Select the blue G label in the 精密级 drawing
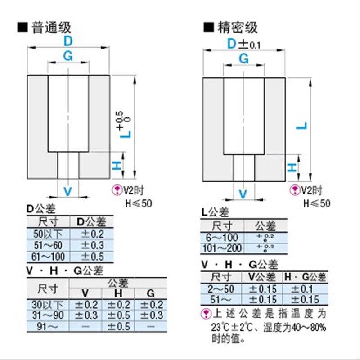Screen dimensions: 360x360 [x=243, y=58]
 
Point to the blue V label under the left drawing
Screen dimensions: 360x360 [x=67, y=191]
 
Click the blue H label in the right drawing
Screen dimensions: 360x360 [x=292, y=167]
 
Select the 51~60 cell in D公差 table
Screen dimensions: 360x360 [x=49, y=245]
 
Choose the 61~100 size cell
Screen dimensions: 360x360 [x=49, y=256]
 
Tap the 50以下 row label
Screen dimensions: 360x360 [x=49, y=234]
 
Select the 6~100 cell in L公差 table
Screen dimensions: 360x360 [x=222, y=237]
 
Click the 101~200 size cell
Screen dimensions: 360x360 [x=222, y=248]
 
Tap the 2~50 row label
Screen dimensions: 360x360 [x=222, y=288]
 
